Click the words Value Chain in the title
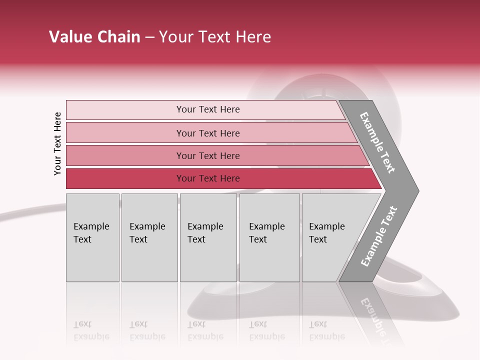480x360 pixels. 94,37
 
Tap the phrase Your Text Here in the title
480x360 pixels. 215,37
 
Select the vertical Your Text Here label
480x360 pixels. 57,143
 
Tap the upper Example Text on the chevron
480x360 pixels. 377,142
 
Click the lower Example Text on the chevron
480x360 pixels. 378,236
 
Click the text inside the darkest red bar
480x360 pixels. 208,178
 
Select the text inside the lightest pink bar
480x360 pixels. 208,109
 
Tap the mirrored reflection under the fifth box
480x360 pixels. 326,330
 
